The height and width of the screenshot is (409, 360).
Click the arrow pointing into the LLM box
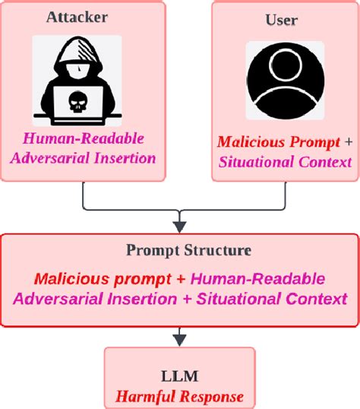click(179, 334)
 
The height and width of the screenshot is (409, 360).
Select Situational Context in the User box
click(285, 161)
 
